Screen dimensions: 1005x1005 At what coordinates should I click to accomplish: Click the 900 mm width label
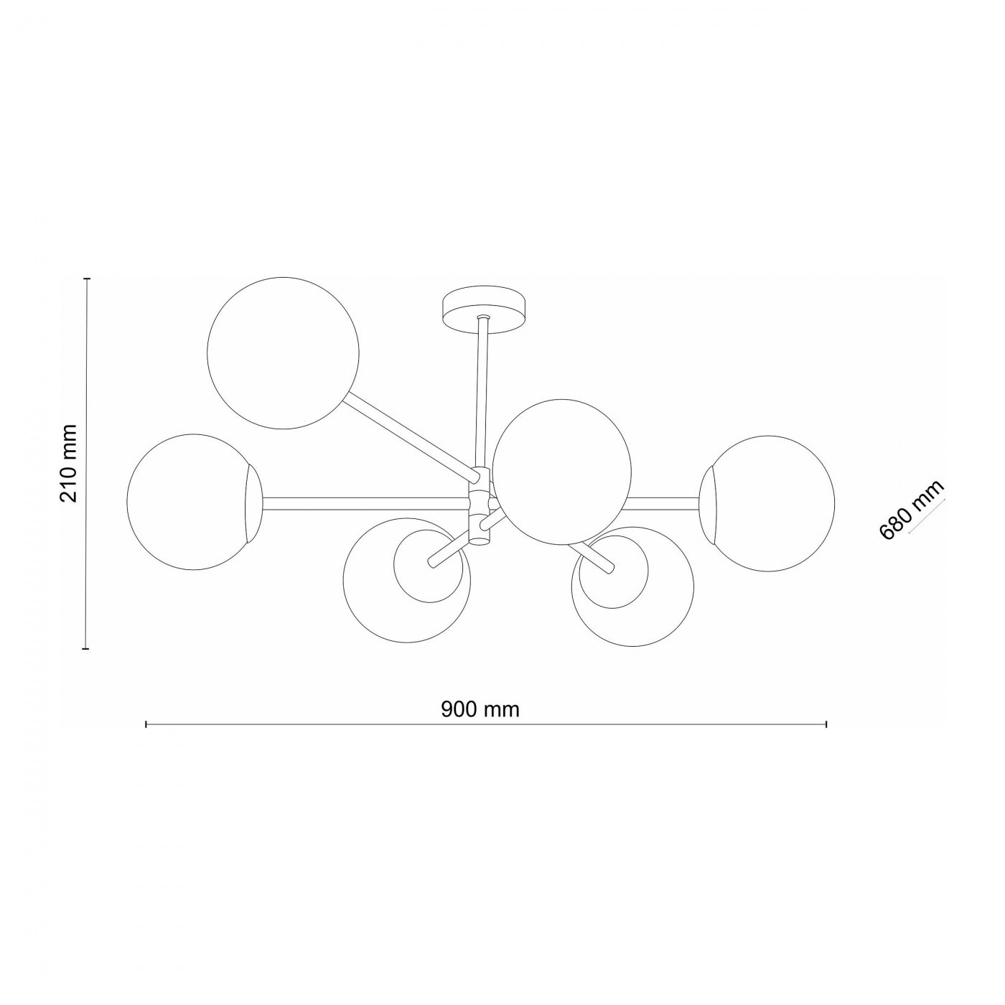480,709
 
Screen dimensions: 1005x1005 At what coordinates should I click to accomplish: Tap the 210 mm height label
68,464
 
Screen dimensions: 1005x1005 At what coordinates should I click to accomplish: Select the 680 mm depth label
911,510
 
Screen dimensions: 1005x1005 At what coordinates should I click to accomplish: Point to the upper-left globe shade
283,353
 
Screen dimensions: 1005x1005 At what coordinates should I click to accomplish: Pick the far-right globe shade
767,504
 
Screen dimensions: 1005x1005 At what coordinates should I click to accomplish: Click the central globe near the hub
561,471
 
